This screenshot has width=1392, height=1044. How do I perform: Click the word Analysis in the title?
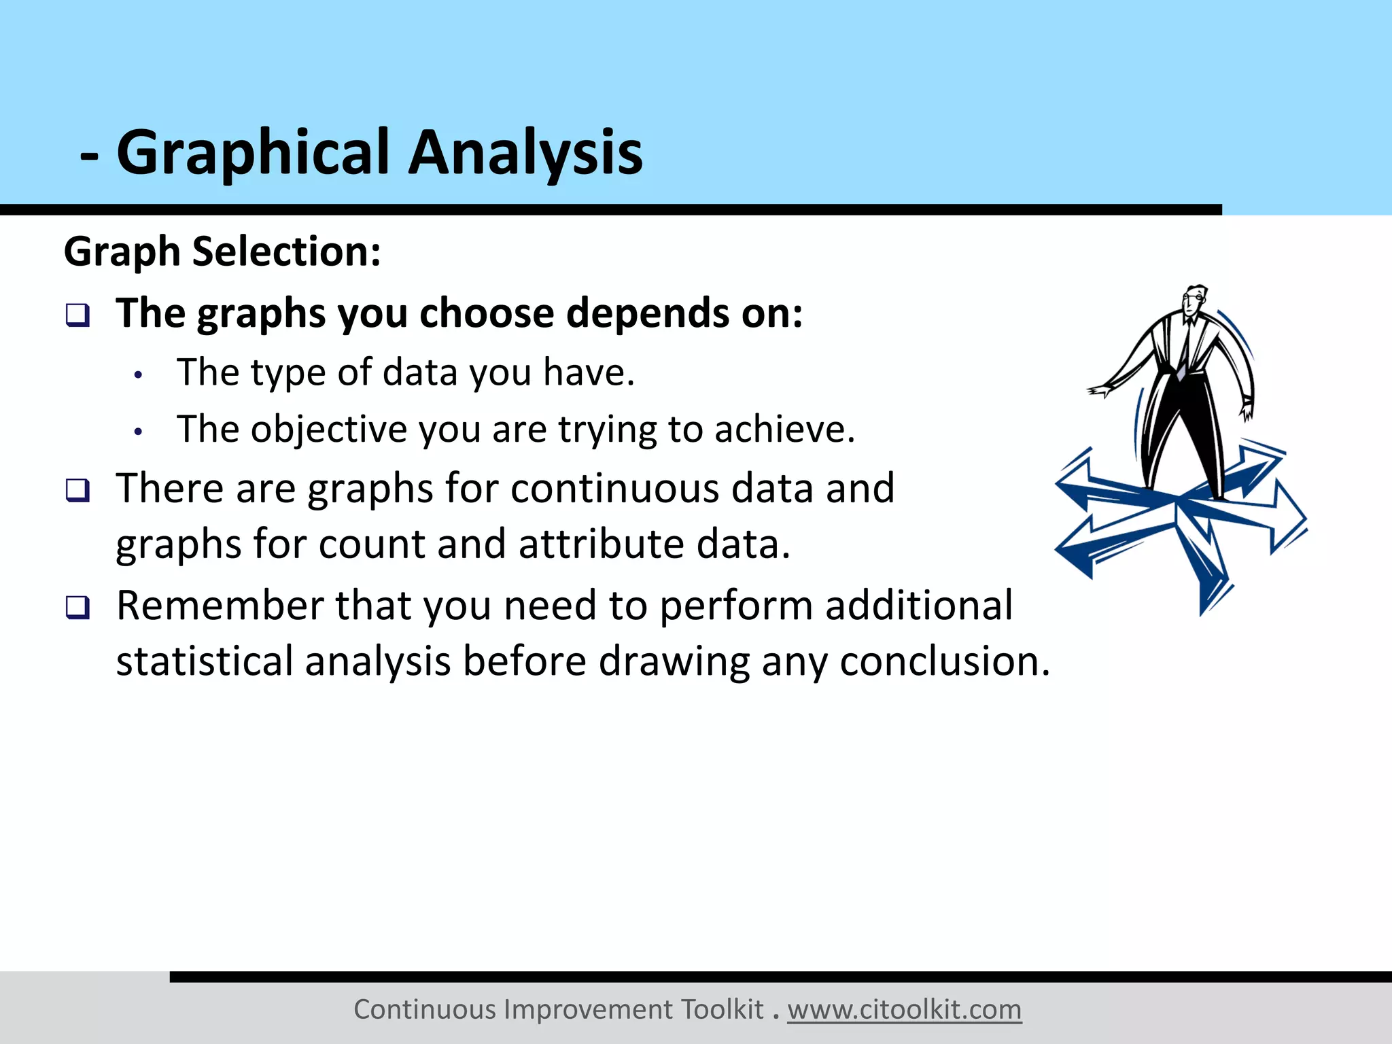[525, 153]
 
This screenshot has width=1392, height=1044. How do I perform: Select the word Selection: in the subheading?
[286, 251]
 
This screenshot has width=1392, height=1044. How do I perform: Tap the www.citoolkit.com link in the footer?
[904, 1009]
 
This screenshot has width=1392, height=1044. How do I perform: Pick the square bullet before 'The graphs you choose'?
[77, 315]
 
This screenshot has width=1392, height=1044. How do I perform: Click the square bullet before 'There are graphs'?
[77, 490]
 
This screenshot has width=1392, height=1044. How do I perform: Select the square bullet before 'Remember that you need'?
[77, 607]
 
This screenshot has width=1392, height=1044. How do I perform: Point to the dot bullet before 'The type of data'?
[139, 375]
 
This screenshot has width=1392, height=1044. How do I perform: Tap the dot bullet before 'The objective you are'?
[139, 432]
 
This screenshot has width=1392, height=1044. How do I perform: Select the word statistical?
[204, 661]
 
